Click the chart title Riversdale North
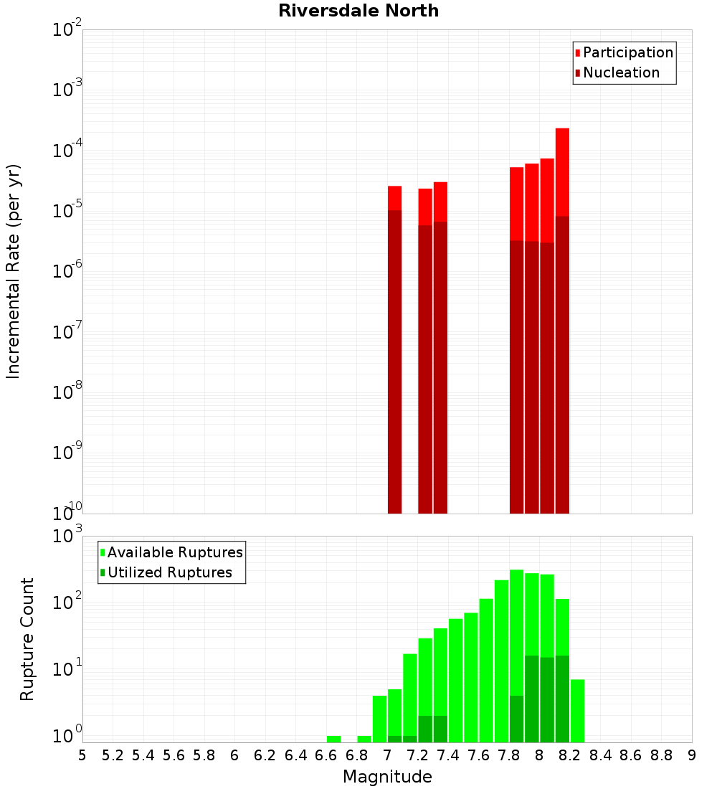click(x=358, y=11)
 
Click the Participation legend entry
click(x=627, y=52)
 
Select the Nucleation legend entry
click(x=620, y=72)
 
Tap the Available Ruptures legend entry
click(x=174, y=552)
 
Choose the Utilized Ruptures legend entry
click(x=169, y=572)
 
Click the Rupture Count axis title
click(x=27, y=639)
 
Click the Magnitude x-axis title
click(x=387, y=777)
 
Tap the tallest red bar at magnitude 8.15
click(x=562, y=172)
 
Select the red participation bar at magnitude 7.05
click(x=394, y=198)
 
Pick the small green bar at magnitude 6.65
click(x=333, y=739)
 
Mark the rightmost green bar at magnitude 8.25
click(x=577, y=710)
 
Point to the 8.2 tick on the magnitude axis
click(x=570, y=755)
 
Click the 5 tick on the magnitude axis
click(x=82, y=755)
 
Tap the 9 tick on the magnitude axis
click(x=692, y=755)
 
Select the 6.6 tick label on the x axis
click(x=326, y=755)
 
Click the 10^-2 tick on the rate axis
click(x=67, y=31)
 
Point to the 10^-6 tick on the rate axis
click(x=67, y=272)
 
